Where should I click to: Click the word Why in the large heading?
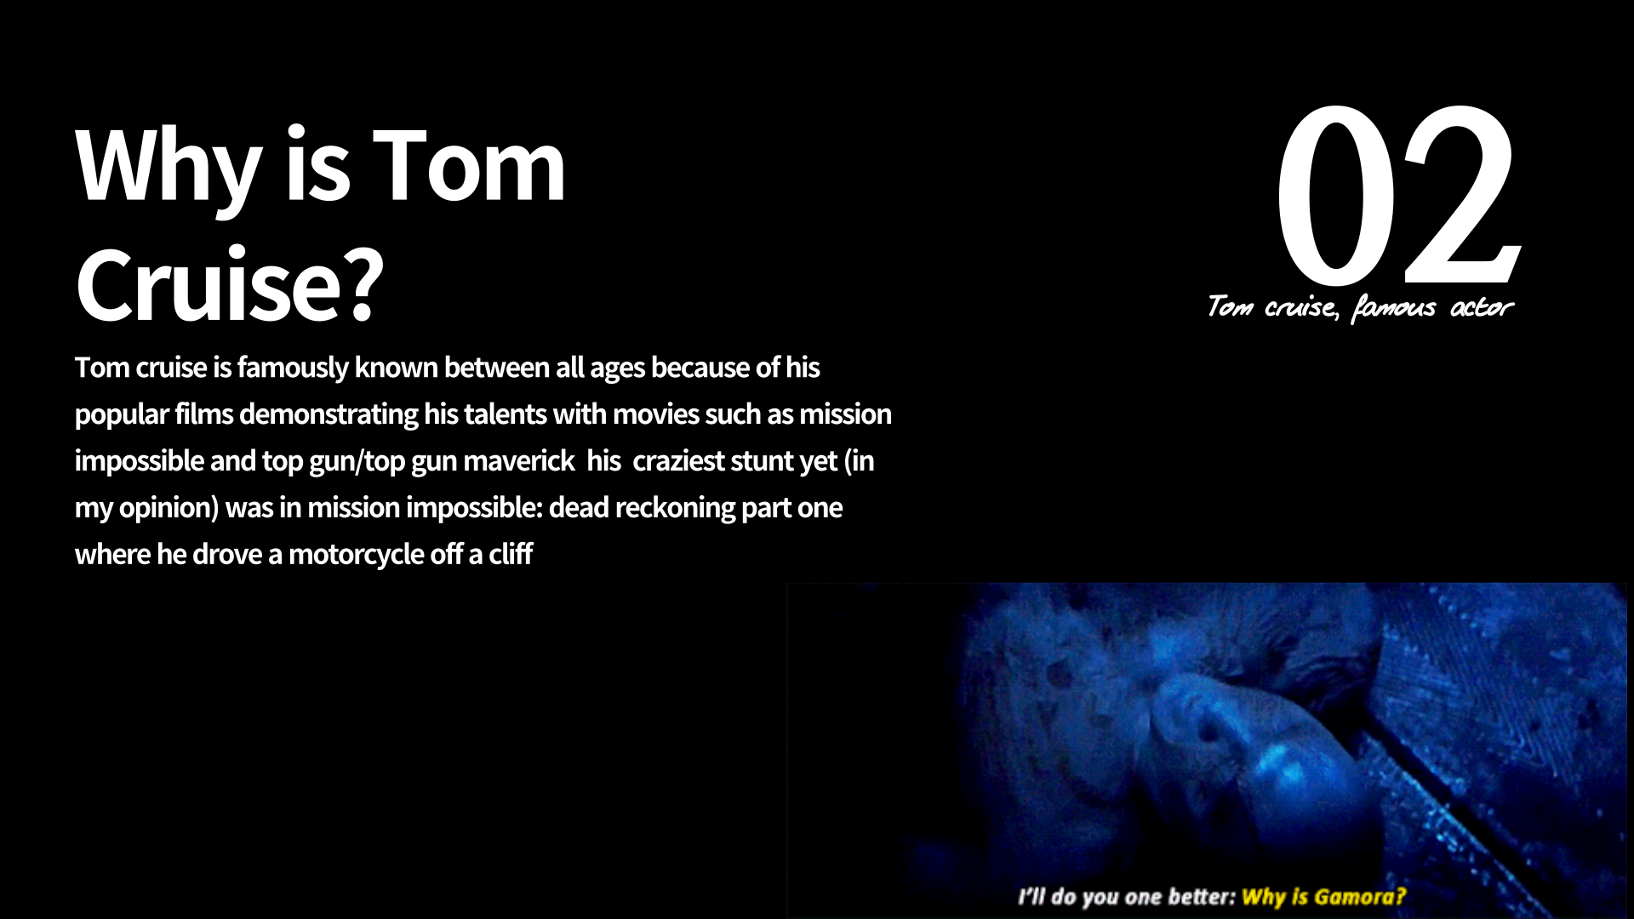pos(169,167)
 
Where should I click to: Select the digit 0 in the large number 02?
pos(1335,196)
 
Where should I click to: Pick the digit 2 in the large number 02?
pos(1461,196)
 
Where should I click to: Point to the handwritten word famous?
pos(1392,307)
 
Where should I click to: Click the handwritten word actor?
pos(1482,307)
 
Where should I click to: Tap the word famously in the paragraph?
pos(293,368)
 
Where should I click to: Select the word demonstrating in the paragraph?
pos(329,415)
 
